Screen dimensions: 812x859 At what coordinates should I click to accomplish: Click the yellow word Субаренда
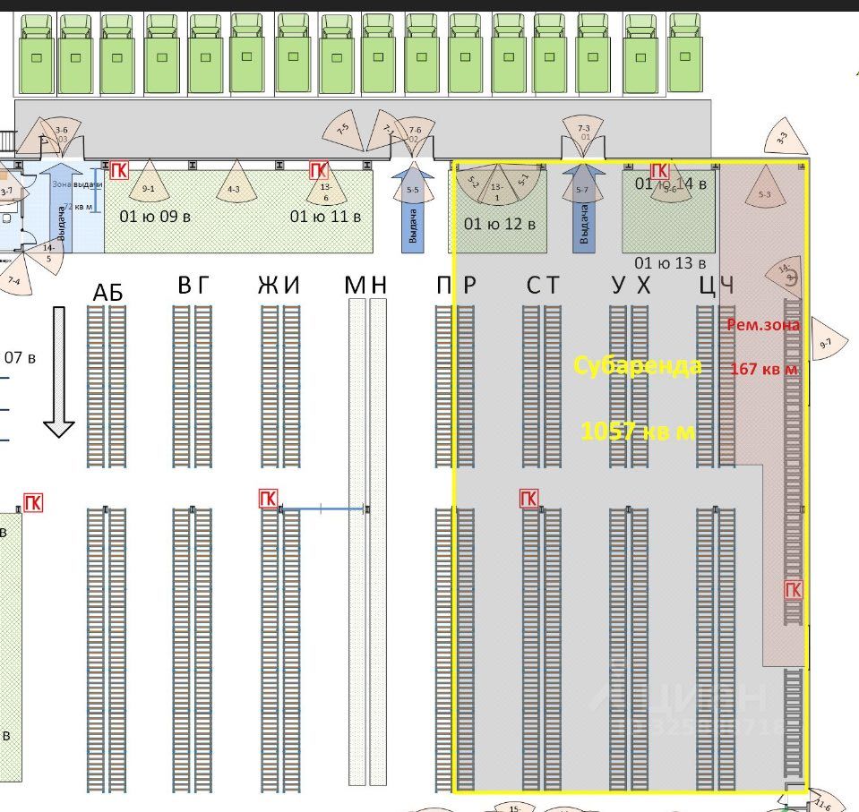tap(637, 365)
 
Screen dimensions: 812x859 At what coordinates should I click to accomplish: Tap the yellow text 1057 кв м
tap(638, 431)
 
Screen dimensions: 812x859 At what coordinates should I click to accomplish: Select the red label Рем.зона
tap(763, 325)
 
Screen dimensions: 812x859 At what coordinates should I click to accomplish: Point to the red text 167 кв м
tap(764, 368)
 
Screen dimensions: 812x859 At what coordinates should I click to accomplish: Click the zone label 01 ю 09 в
tap(155, 216)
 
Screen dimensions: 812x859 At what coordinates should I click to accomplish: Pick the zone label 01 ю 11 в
tap(326, 216)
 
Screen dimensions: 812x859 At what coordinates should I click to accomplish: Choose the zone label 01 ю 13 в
tap(671, 262)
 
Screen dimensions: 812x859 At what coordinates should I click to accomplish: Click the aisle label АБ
tap(107, 293)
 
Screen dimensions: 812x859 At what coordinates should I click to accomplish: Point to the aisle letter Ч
tap(727, 286)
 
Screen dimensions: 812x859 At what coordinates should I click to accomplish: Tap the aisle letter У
tap(618, 286)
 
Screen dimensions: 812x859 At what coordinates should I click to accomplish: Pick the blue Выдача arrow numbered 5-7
tap(583, 209)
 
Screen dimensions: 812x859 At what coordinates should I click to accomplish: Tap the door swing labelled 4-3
tap(234, 183)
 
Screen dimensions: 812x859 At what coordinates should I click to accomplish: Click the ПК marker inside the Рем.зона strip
tap(794, 589)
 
